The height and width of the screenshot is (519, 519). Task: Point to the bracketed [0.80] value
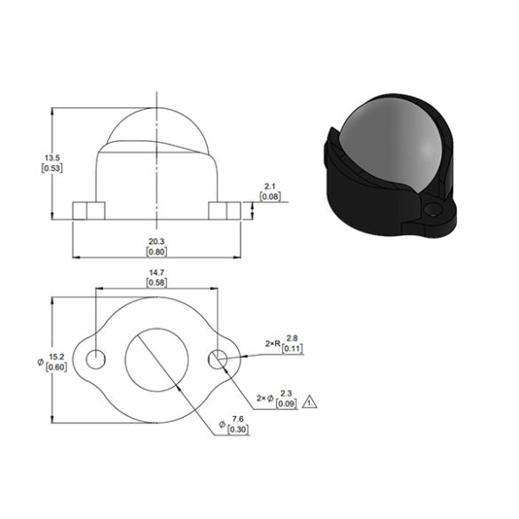156,251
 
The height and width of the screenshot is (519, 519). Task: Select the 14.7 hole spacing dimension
156,271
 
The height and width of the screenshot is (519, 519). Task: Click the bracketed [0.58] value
156,282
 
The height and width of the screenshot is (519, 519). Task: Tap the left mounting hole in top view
95,359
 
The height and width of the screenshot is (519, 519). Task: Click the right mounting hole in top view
218,359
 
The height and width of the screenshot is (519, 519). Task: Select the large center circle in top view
156,359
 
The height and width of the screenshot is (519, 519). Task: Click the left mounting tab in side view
88,210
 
